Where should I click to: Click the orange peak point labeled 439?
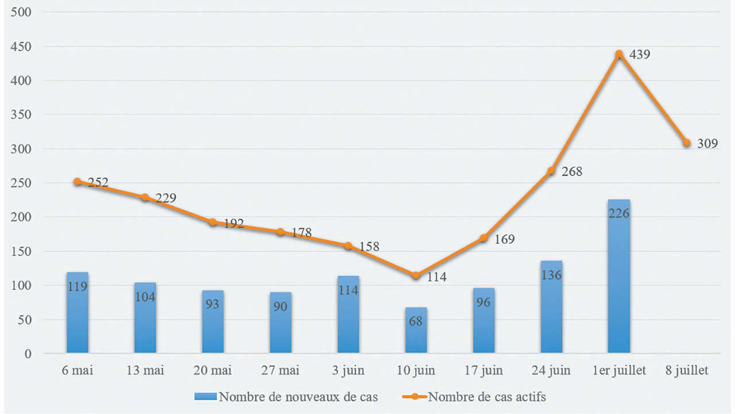pos(619,54)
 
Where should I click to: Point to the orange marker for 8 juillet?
pos(687,143)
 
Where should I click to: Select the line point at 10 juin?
pos(416,275)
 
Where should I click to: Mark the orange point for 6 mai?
pos(78,182)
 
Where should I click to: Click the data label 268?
pos(572,172)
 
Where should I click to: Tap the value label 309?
pos(707,144)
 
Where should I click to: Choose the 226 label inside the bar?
pos(618,214)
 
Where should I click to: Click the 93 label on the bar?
pos(212,304)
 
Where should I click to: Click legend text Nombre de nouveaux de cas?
pos(299,397)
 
